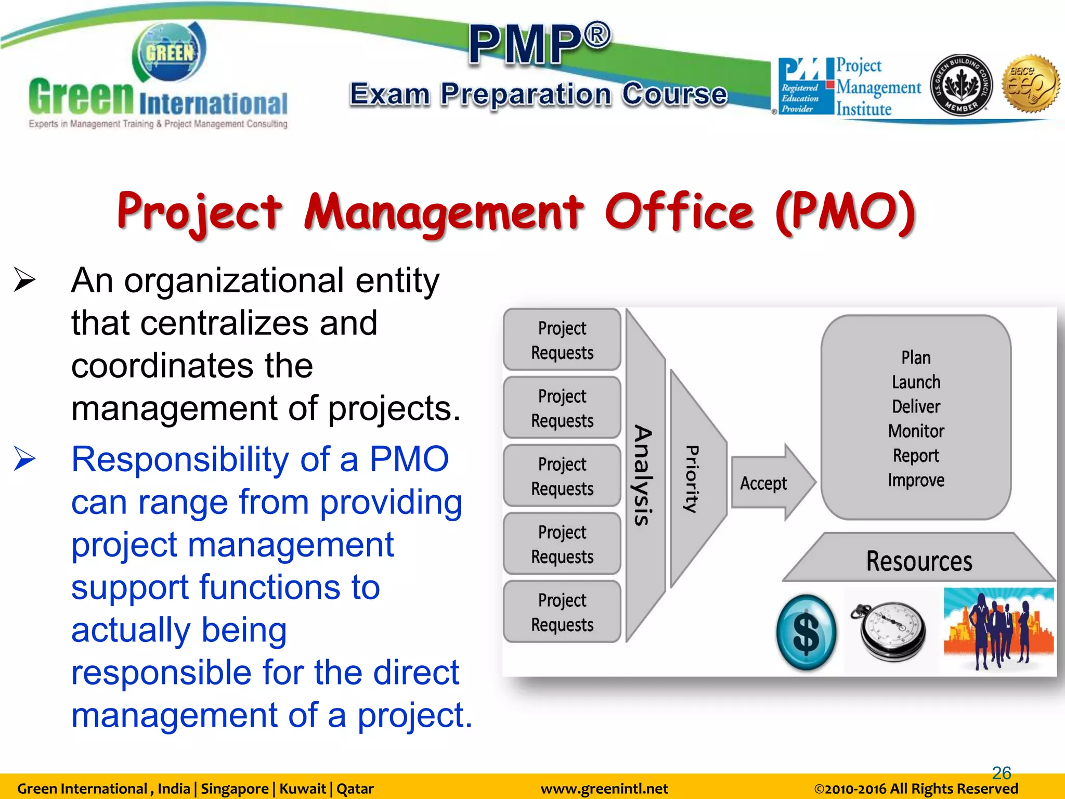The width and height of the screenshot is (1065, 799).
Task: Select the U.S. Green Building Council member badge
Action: click(x=961, y=85)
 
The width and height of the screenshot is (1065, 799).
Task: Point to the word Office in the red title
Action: click(x=679, y=212)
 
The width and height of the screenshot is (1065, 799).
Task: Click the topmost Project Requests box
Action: click(x=562, y=340)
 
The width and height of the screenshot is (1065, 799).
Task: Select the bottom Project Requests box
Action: click(x=562, y=612)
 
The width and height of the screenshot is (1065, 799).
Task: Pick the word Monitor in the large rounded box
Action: click(x=916, y=431)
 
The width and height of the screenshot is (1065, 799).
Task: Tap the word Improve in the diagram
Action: click(x=916, y=480)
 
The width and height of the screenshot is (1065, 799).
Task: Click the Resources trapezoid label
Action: click(x=919, y=561)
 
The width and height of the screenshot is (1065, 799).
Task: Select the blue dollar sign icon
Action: click(x=806, y=633)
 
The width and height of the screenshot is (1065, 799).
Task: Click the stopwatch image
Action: click(x=890, y=631)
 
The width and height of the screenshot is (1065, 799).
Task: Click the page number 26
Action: click(x=1001, y=772)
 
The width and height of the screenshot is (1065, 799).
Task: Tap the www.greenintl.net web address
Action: click(x=604, y=789)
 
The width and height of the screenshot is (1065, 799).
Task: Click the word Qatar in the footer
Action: click(x=355, y=789)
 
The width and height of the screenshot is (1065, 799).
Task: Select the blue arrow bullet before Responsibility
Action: click(x=24, y=459)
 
